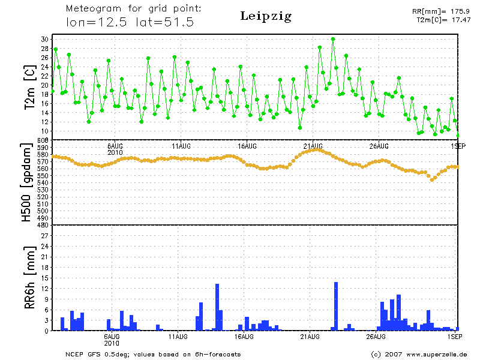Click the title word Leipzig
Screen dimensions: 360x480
(x=266, y=16)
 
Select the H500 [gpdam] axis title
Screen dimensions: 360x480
(x=27, y=182)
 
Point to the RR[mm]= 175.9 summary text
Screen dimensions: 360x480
(x=441, y=11)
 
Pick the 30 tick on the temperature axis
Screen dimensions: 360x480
(x=44, y=39)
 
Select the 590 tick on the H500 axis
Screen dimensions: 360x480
(x=41, y=148)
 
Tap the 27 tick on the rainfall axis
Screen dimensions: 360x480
(x=44, y=236)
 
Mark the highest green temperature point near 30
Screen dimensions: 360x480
(x=333, y=39)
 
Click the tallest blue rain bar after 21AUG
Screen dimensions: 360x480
(x=336, y=306)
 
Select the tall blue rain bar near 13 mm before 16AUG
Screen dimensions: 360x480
(x=217, y=307)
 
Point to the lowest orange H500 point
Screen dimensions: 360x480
(x=431, y=179)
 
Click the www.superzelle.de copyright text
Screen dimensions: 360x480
(x=419, y=354)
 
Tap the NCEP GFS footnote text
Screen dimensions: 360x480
(x=153, y=354)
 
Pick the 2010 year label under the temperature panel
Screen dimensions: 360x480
(x=115, y=152)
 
